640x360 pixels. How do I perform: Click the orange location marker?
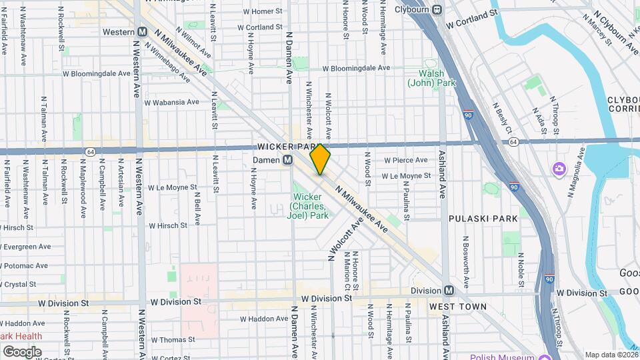pos(320,159)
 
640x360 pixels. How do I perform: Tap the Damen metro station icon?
pos(288,160)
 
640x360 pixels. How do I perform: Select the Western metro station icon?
pos(142,32)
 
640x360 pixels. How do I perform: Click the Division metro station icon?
pos(449,291)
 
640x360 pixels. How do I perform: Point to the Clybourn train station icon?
pos(437,9)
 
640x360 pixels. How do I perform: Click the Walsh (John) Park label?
pos(437,78)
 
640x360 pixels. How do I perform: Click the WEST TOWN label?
pos(457,306)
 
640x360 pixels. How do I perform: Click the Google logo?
pos(23,351)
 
